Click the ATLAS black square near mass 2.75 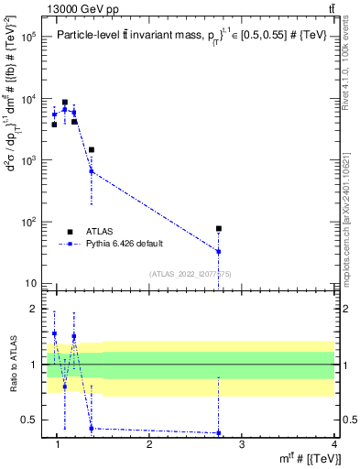pos(219,228)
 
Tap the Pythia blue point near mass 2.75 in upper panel pos(219,251)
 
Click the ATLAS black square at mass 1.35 pos(92,149)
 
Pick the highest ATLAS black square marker pos(64,103)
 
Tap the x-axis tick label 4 pos(334,445)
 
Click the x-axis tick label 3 pos(242,445)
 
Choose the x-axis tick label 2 pos(149,445)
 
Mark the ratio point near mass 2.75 pos(219,432)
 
